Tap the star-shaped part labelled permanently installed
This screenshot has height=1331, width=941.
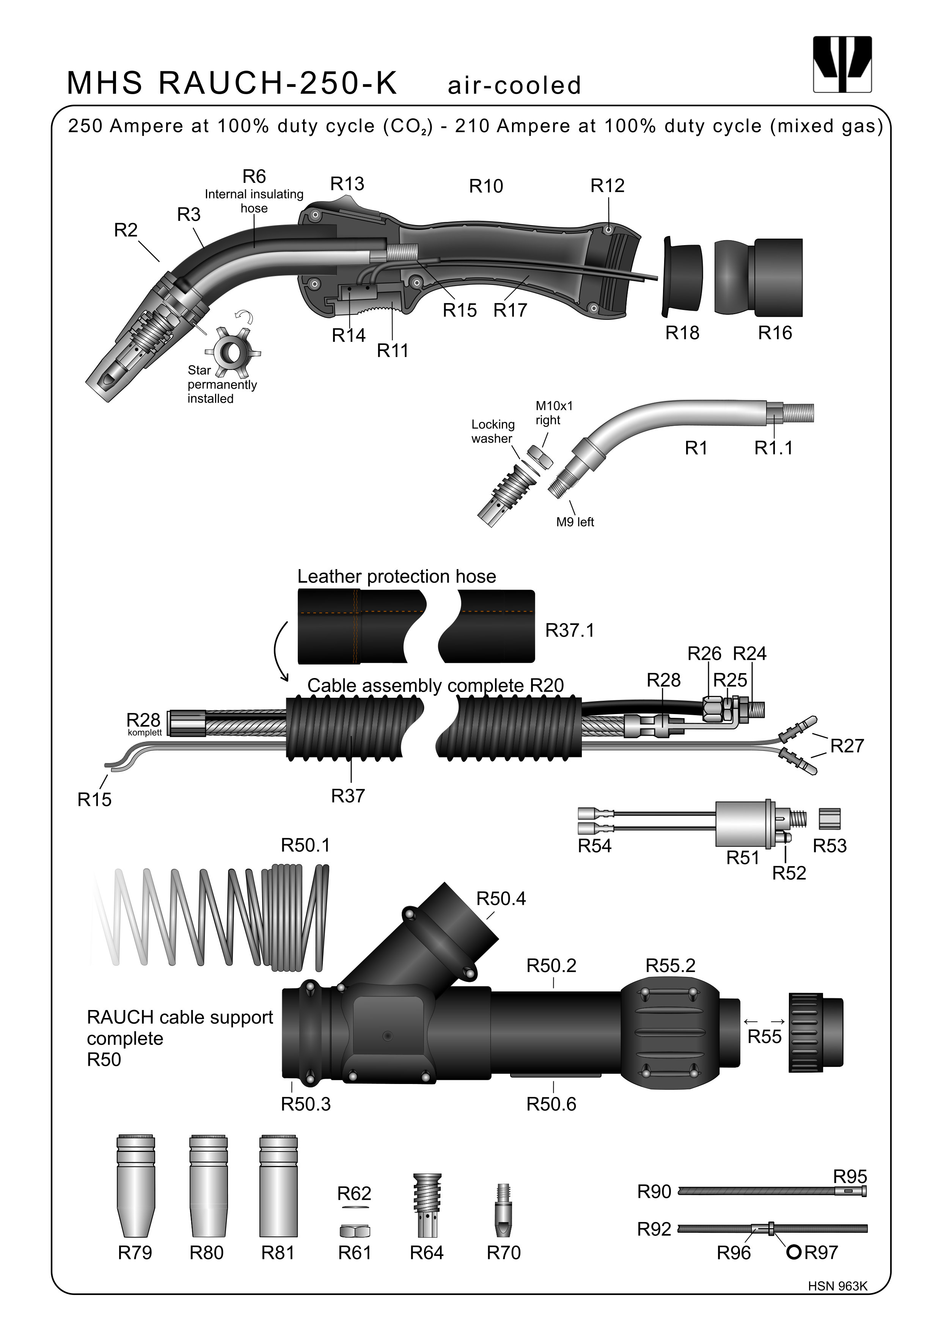point(233,351)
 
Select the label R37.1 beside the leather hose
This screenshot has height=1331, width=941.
point(570,630)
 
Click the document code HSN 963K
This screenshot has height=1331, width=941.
point(837,1286)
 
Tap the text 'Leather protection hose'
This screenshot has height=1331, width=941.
point(396,576)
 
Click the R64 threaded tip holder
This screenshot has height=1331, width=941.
point(427,1206)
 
